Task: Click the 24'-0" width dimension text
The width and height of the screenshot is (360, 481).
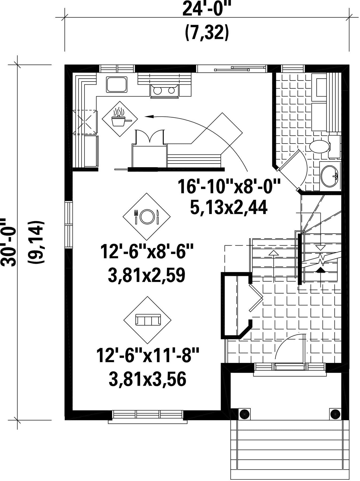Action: pos(206,9)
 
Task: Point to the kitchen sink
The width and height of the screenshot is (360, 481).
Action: pos(117,84)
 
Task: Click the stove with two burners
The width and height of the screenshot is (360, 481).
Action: pos(164,91)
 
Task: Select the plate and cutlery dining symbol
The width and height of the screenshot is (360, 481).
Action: pos(146,216)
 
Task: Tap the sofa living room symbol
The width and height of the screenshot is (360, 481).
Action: pos(147,320)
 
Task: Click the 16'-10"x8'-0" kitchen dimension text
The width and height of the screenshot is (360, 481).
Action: pos(229,187)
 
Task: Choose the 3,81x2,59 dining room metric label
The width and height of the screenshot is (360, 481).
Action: pos(146,275)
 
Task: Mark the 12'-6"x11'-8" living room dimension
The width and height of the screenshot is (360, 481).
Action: pos(148,355)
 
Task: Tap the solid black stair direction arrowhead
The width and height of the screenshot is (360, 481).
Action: pos(321,270)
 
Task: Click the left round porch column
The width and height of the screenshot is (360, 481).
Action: pos(243,414)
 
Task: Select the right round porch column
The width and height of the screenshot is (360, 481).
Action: pos(335,414)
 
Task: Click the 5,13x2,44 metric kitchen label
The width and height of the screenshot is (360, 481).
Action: pos(229,207)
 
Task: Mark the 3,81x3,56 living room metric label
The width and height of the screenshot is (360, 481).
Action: pos(147,379)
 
